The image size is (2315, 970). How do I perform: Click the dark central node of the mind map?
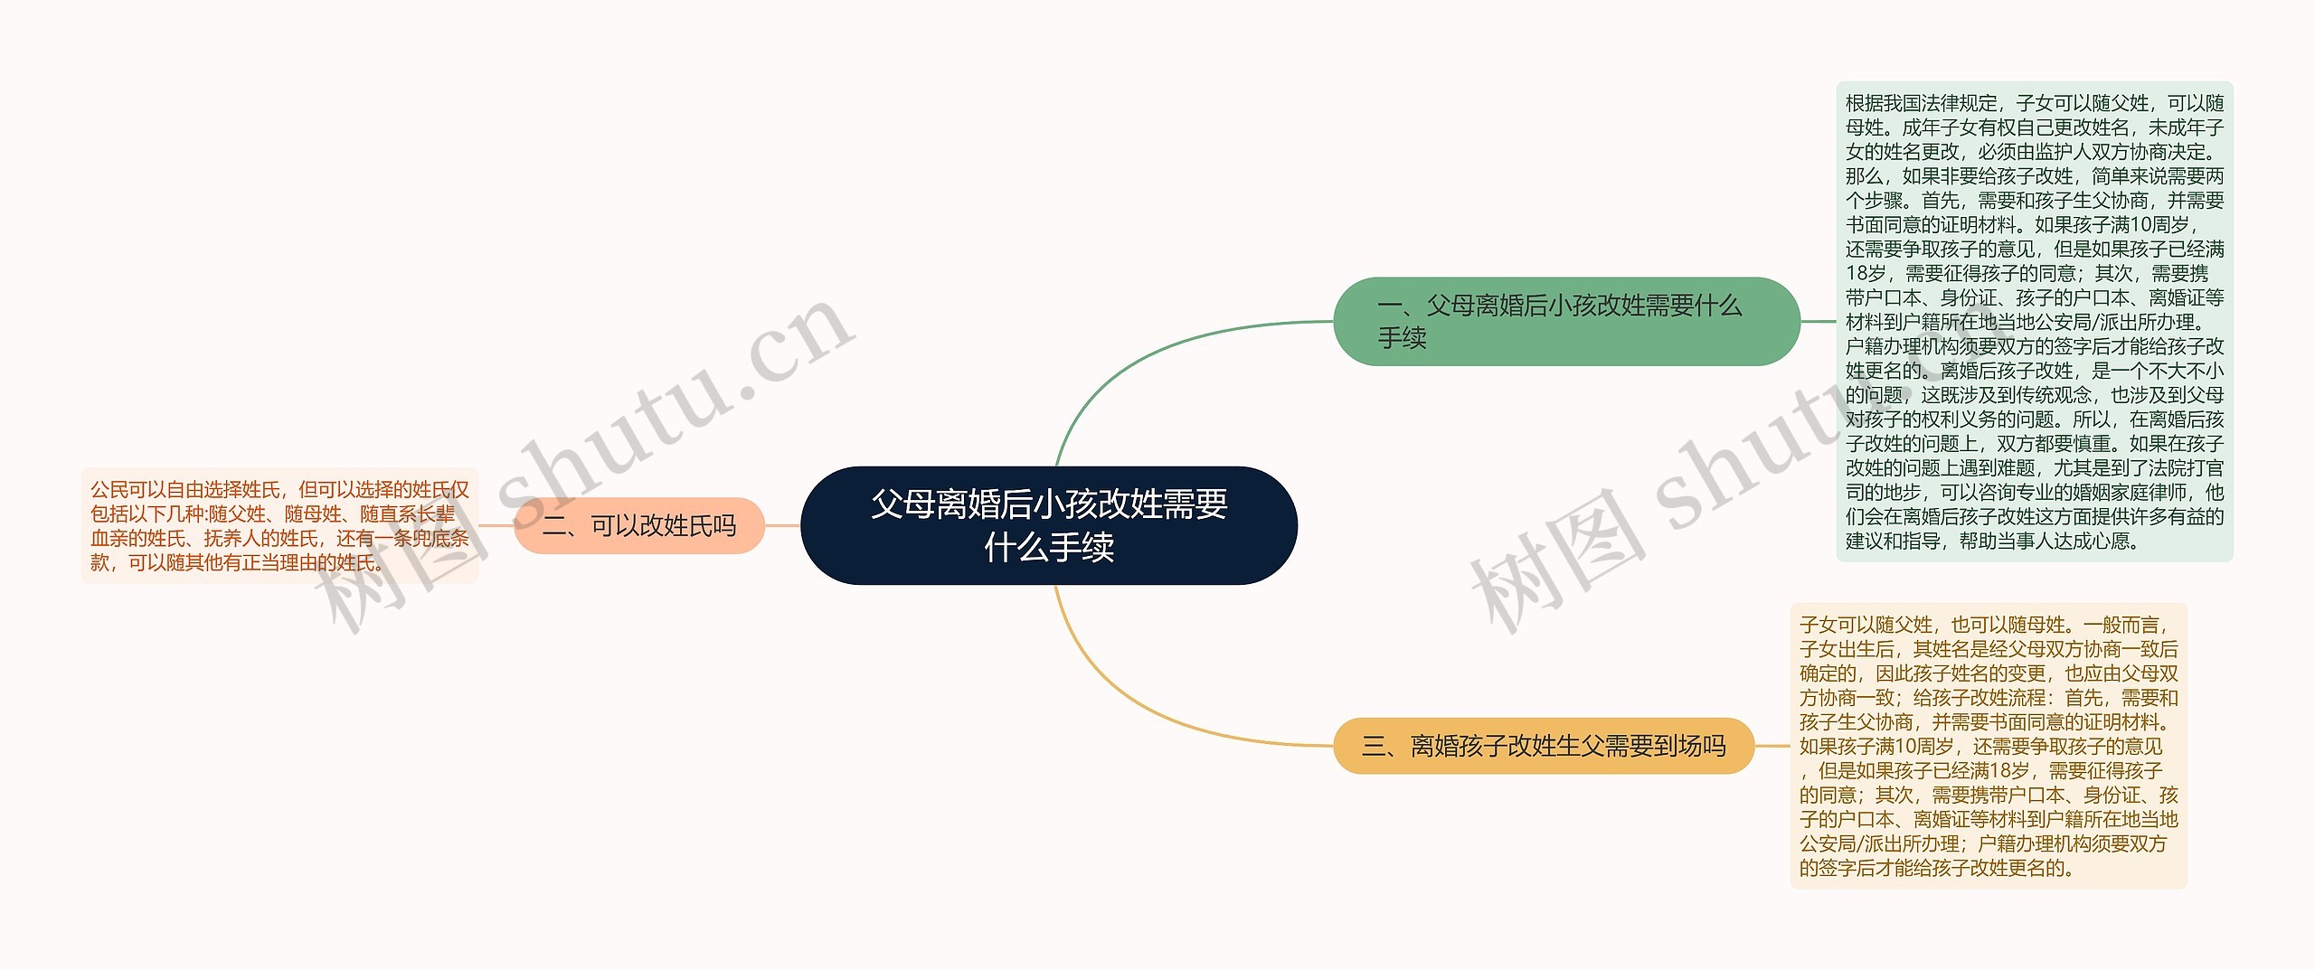coord(1049,525)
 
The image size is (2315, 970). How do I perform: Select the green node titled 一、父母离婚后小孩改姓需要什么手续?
coord(1566,321)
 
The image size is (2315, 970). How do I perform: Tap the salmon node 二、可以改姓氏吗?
coord(639,525)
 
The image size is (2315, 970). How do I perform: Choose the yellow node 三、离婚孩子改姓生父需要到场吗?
coord(1544,746)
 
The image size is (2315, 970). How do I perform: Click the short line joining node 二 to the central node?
coord(782,525)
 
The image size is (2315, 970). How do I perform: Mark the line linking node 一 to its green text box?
coord(1818,321)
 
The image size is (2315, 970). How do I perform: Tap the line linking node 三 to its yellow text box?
coord(1772,746)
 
